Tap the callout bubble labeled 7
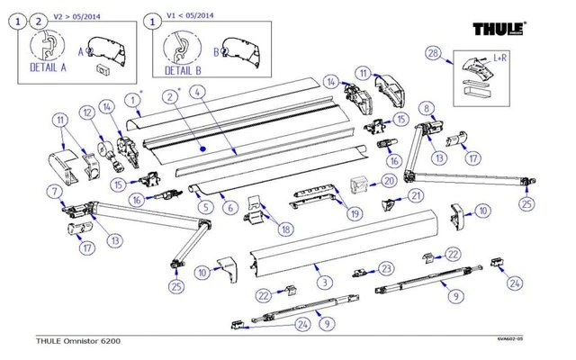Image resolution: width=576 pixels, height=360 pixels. (x=56, y=191)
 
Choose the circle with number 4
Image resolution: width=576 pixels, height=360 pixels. (x=198, y=91)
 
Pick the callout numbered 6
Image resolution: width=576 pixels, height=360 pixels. (x=230, y=208)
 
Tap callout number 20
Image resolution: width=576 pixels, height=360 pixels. (x=389, y=180)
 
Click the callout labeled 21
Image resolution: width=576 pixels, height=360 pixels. (x=416, y=194)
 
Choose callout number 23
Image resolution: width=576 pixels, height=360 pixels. (x=385, y=268)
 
